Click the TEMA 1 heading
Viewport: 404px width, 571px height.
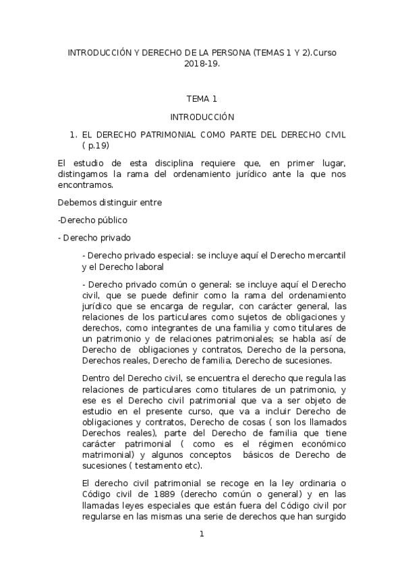(x=202, y=98)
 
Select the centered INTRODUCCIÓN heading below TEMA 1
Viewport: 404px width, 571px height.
(x=202, y=116)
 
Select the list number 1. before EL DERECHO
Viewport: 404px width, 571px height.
(x=75, y=134)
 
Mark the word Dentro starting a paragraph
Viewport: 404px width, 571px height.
(x=94, y=379)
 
